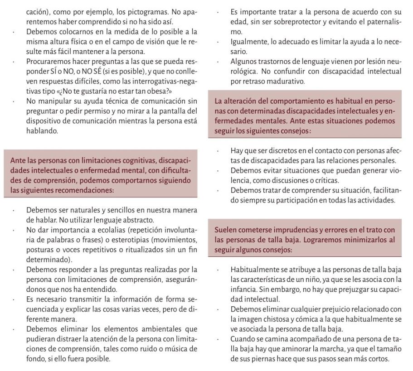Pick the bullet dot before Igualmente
(219, 42)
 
